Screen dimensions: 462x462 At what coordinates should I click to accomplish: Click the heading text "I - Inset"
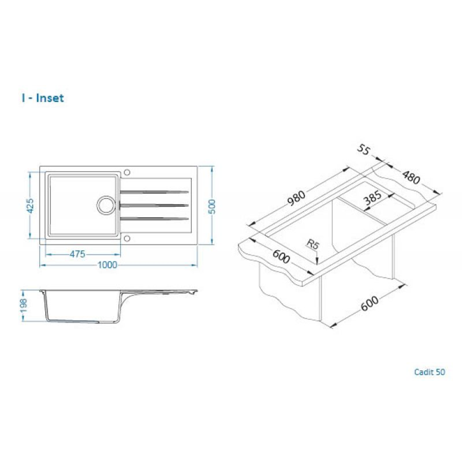point(43,98)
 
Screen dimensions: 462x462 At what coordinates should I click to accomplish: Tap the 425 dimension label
point(30,206)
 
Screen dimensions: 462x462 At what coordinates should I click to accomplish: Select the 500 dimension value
point(212,206)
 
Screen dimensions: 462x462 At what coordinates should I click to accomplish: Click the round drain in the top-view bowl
point(107,204)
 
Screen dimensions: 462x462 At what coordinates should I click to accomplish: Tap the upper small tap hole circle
point(127,173)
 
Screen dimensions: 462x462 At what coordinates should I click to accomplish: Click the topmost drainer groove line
point(154,192)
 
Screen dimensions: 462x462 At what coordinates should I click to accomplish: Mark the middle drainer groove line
point(154,205)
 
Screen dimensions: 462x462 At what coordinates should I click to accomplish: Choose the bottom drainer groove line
point(154,218)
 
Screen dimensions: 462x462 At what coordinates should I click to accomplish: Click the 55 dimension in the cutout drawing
point(364,150)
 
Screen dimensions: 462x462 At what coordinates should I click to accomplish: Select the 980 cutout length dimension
point(297,198)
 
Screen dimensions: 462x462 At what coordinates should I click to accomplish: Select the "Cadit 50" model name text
point(429,372)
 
